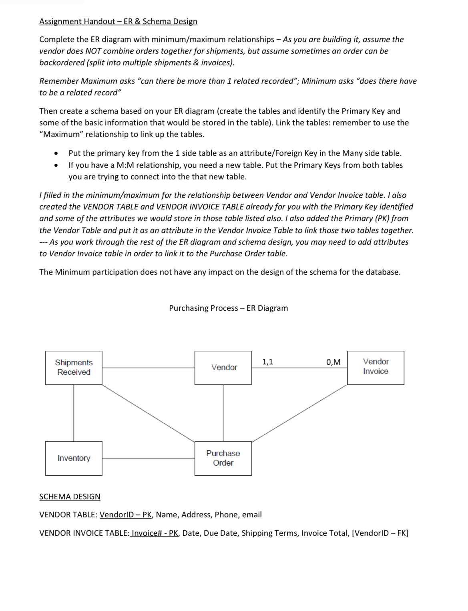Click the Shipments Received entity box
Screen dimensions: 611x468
pyautogui.click(x=74, y=368)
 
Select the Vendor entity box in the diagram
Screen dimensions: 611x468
pyautogui.click(x=223, y=368)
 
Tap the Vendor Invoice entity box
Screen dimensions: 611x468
pyautogui.click(x=376, y=368)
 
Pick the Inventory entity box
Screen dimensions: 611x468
pyautogui.click(x=74, y=458)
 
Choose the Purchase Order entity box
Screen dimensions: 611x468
pyautogui.click(x=223, y=458)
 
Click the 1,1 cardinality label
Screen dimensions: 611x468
pyautogui.click(x=267, y=362)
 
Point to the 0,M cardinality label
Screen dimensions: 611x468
pyautogui.click(x=333, y=362)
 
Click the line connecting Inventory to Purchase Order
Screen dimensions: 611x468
pyautogui.click(x=148, y=458)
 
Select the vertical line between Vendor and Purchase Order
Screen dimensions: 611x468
pyautogui.click(x=223, y=413)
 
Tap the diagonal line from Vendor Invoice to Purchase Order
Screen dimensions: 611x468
pyautogui.click(x=299, y=413)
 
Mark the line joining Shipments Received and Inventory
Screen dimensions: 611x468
pyautogui.click(x=74, y=413)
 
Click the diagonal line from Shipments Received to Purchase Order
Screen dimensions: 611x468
pyautogui.click(x=148, y=413)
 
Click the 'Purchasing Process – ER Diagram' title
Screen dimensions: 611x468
pyautogui.click(x=228, y=308)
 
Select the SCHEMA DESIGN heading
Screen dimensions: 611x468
pyautogui.click(x=70, y=496)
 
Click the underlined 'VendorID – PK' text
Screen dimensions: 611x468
pyautogui.click(x=126, y=515)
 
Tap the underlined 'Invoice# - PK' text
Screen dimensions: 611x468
pyautogui.click(x=155, y=533)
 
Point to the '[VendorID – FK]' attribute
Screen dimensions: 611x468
pyautogui.click(x=380, y=533)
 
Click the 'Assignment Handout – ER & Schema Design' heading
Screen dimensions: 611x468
pyautogui.click(x=118, y=21)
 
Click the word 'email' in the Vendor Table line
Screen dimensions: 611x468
pyautogui.click(x=252, y=515)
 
